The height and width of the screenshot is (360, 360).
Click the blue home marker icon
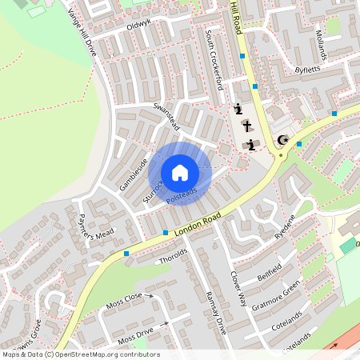[x=180, y=173]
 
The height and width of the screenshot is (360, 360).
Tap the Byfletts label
[x=307, y=70]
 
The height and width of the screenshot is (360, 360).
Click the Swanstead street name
[x=168, y=117]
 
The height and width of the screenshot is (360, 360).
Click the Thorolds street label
[x=173, y=256]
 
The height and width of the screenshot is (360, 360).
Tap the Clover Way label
[x=238, y=289]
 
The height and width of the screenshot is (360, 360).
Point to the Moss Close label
[x=124, y=302]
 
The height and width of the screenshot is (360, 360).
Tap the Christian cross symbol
[x=246, y=126]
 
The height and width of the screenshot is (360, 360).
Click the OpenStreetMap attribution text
[x=80, y=354]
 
